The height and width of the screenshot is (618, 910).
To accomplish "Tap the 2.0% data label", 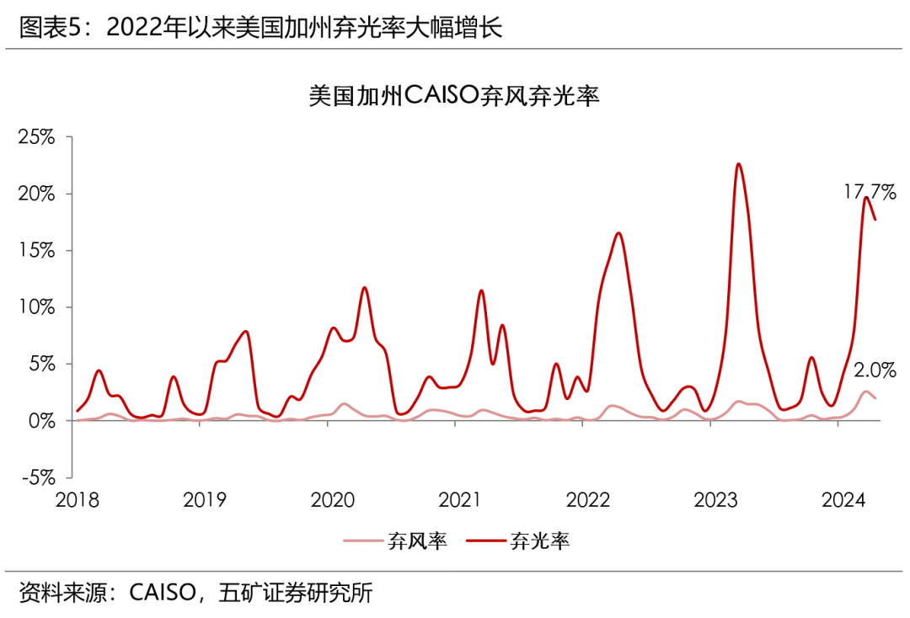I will click(x=875, y=370).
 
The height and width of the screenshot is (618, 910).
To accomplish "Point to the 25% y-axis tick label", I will click(x=35, y=137).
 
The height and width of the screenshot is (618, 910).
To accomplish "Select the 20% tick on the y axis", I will click(x=35, y=194).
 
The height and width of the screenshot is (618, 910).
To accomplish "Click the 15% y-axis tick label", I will click(x=35, y=251).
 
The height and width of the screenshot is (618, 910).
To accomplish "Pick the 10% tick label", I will click(x=35, y=307).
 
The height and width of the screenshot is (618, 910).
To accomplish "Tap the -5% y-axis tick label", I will click(x=35, y=477).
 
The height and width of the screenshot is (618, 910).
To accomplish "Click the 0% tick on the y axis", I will click(x=41, y=420).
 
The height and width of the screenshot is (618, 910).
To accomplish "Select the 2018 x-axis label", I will click(x=77, y=500).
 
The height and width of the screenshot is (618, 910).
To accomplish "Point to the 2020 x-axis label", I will click(x=332, y=500).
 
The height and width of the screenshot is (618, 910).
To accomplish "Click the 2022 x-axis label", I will click(x=587, y=500).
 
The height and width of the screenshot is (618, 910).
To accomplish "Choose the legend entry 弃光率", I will click(x=539, y=541).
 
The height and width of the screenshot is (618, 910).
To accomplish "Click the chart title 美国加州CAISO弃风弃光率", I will click(x=453, y=96).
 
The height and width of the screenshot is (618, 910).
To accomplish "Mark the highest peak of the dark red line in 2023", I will click(x=738, y=164).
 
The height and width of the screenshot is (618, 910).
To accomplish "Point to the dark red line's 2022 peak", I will click(x=618, y=233).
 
